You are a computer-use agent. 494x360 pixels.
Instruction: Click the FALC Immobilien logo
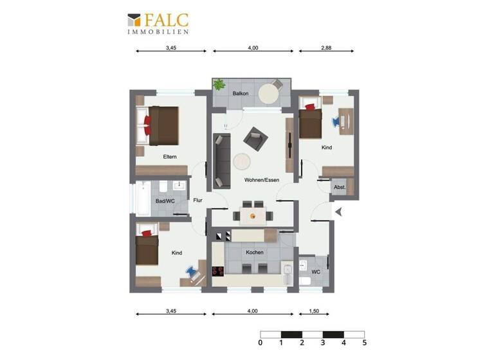coord(158,23)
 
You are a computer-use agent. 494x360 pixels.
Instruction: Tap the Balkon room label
coord(241,94)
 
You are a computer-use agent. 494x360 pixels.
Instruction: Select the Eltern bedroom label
coord(170,157)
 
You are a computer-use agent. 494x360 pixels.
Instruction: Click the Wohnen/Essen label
coord(261,181)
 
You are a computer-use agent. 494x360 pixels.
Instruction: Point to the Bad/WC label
coord(165,201)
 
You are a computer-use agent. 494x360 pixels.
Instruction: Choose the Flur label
coord(198,200)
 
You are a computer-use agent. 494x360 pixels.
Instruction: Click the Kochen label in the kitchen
coord(255,253)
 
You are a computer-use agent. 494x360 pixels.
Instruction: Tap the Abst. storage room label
coord(340,187)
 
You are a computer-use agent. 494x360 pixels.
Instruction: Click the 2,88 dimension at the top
coord(326,48)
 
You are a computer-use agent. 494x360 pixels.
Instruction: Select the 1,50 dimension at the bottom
coord(314,311)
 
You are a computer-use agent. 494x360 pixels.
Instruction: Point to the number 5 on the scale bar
coord(364,344)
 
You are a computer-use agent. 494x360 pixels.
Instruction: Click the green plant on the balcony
coord(219,84)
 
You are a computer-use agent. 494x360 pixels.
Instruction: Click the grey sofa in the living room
coord(223,160)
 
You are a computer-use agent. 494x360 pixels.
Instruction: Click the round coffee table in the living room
coord(242,160)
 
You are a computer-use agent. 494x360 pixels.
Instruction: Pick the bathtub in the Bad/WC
coord(142,199)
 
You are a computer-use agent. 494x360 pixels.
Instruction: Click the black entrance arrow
coord(338,210)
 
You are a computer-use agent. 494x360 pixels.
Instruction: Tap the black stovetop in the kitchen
coord(218,271)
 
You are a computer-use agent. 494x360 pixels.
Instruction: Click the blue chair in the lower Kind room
coord(192,273)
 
